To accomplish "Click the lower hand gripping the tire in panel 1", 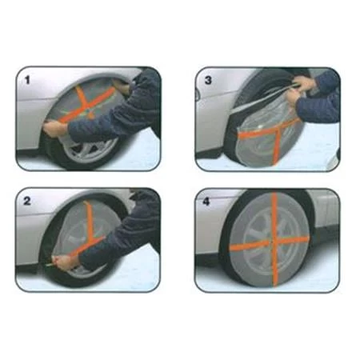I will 54,129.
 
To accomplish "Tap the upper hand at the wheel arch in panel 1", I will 124,82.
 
